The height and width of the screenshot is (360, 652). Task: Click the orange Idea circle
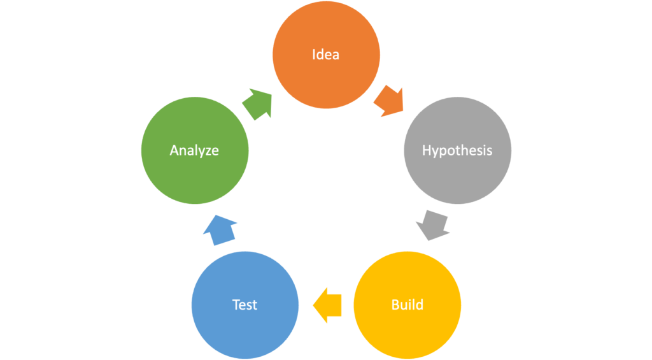click(x=326, y=55)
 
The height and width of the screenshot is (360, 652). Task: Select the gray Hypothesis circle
click(x=457, y=150)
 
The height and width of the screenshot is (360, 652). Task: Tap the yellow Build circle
click(x=407, y=305)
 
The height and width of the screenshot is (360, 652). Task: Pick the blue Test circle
click(x=245, y=305)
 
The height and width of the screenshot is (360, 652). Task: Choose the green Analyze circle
click(x=195, y=150)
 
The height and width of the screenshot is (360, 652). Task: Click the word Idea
click(x=325, y=55)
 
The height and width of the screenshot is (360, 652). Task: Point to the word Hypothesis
click(x=457, y=150)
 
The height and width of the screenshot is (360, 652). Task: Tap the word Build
click(x=407, y=305)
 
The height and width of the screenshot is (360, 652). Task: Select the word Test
click(x=244, y=305)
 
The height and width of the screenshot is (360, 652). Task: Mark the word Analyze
click(x=194, y=150)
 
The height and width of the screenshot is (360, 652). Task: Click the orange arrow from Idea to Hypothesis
click(x=389, y=101)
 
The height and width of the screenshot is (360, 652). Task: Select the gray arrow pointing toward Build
click(x=433, y=225)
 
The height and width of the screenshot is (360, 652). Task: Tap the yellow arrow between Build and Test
click(x=327, y=305)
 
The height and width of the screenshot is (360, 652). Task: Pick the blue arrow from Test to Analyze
click(x=220, y=230)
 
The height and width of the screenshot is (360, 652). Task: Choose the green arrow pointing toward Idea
click(x=258, y=104)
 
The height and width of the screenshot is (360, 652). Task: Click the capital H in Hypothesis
click(x=427, y=150)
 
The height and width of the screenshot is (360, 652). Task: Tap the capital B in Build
click(x=395, y=305)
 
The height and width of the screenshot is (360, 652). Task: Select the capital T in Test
click(x=236, y=305)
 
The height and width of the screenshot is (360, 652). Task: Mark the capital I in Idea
click(x=313, y=55)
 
